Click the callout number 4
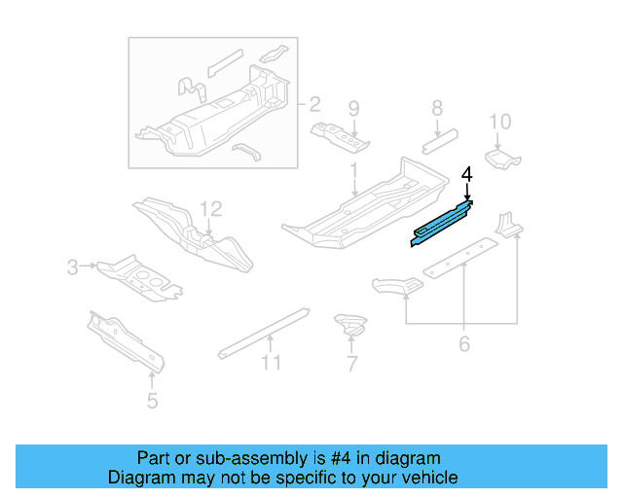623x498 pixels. pos(467,175)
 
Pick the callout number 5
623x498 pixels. pos(464,343)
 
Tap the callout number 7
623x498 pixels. pos(437,108)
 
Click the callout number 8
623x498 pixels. pos(354,108)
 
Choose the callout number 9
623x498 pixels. pos(499,122)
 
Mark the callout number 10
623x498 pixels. pos(271,363)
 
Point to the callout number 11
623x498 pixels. pos(211,208)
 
